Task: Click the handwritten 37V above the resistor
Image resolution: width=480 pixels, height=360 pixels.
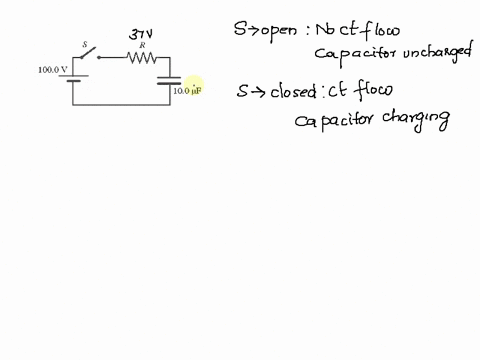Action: [x=141, y=34]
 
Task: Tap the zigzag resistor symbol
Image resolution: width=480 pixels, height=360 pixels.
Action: [x=141, y=58]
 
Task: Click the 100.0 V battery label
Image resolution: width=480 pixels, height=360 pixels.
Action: [x=52, y=70]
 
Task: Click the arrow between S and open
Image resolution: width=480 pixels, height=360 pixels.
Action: [x=250, y=28]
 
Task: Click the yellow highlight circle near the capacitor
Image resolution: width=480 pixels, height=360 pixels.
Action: [x=192, y=86]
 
